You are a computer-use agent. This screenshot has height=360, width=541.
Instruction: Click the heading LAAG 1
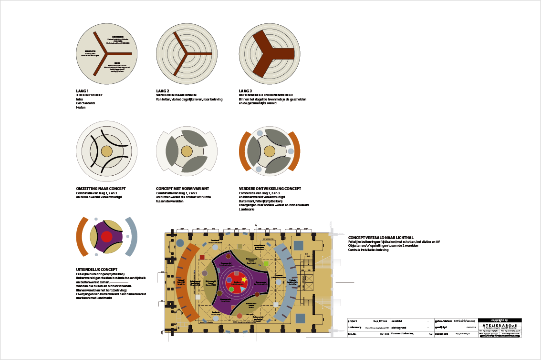(x=83, y=90)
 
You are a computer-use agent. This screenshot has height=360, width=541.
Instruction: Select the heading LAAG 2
(x=163, y=90)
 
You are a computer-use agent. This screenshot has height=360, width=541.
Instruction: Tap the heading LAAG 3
(x=245, y=90)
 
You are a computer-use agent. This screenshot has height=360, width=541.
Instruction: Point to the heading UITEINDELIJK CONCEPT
(x=97, y=270)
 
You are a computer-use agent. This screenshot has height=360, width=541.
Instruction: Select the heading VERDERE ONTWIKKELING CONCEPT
(x=270, y=189)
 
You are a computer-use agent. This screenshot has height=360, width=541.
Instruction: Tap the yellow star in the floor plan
(x=244, y=280)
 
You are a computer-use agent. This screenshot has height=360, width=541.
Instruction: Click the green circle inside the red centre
(x=231, y=289)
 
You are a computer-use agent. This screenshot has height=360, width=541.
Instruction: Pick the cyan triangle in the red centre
(x=242, y=289)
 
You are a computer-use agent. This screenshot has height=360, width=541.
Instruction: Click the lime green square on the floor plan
(x=266, y=263)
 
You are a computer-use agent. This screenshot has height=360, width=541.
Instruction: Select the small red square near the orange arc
(x=202, y=257)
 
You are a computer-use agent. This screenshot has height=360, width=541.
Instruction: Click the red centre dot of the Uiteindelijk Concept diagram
(x=107, y=237)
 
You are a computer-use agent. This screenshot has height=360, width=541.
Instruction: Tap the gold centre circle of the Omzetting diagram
(x=107, y=151)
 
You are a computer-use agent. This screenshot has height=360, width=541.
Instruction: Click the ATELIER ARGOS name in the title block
(x=499, y=325)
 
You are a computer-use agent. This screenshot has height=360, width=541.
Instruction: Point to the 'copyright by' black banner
(x=499, y=320)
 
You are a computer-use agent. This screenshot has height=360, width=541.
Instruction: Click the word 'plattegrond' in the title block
(x=399, y=327)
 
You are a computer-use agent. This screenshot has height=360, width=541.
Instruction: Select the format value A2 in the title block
(x=430, y=334)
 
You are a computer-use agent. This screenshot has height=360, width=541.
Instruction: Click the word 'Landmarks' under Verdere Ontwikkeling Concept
(x=247, y=210)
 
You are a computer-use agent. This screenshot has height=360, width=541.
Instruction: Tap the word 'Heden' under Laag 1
(x=80, y=108)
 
